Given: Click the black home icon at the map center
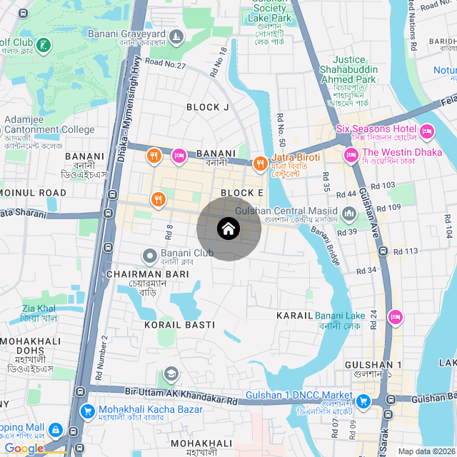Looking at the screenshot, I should [x=228, y=229].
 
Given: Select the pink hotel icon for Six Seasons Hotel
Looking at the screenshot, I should [x=427, y=130].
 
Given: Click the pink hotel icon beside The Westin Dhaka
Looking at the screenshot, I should [x=351, y=154].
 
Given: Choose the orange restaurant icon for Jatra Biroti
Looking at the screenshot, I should [x=260, y=163].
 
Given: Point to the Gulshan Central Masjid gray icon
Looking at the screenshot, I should [x=349, y=213].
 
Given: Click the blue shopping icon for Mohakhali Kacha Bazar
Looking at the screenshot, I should [x=88, y=411].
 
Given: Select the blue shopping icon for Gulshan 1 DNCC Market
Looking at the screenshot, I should [x=363, y=401].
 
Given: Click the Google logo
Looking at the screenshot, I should [x=23, y=448].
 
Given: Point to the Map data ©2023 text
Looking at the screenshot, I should [x=426, y=451].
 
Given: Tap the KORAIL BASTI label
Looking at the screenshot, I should [x=179, y=325].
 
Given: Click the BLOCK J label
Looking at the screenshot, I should [x=208, y=107].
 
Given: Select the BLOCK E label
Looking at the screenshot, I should [x=242, y=193].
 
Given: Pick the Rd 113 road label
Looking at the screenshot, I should [x=406, y=251].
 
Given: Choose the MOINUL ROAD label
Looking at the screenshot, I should [x=33, y=193].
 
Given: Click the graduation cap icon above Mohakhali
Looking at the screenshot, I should [x=171, y=374].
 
